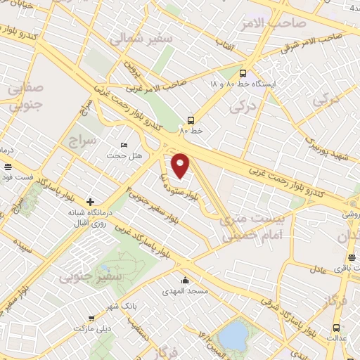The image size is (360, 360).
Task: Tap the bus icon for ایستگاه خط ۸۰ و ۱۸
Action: point(243,73)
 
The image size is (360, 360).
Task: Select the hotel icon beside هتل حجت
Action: point(124,144)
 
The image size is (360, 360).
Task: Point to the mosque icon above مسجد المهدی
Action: point(184,279)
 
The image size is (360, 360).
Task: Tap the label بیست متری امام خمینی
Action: point(252,229)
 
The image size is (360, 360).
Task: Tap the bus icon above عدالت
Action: point(336,328)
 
